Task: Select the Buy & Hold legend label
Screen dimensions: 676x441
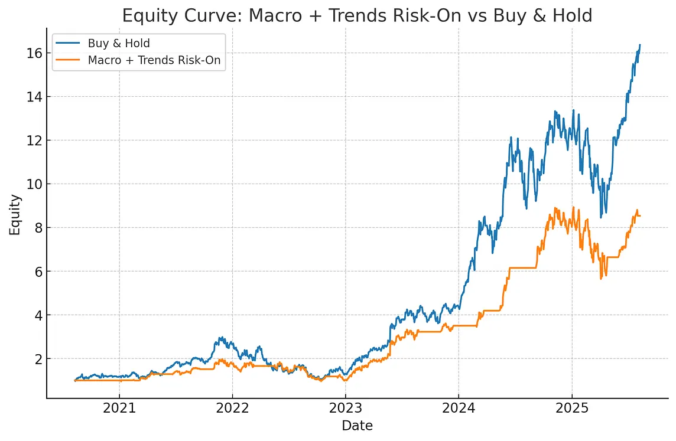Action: (119, 43)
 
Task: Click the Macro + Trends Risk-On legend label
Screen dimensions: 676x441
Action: (154, 60)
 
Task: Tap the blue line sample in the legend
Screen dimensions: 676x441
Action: (68, 43)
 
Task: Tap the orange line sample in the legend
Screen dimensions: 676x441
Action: (68, 60)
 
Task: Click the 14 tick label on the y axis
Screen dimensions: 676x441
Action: (34, 96)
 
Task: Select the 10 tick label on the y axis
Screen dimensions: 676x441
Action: (34, 184)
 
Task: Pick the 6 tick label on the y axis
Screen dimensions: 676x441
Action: (37, 272)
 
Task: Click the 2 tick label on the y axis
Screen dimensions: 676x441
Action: (37, 359)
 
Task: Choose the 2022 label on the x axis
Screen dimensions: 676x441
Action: (232, 408)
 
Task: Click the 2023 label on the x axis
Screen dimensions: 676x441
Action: (345, 408)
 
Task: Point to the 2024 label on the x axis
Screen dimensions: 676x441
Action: (459, 408)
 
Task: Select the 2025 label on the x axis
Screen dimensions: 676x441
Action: (572, 408)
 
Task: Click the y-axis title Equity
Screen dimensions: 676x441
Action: (15, 215)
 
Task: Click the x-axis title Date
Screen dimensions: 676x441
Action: (357, 426)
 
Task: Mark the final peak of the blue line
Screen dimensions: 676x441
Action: (640, 44)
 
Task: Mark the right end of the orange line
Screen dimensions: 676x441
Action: (640, 215)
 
